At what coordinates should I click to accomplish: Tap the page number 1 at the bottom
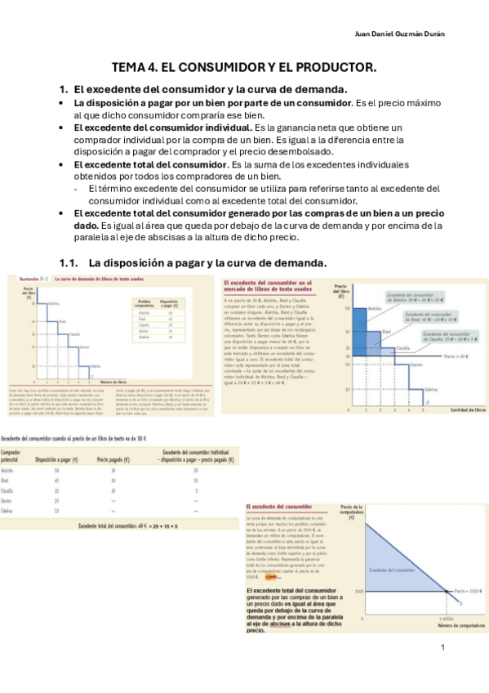click(x=442, y=648)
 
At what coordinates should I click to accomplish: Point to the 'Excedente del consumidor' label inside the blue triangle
click(x=392, y=570)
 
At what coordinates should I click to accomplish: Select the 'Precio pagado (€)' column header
click(x=114, y=461)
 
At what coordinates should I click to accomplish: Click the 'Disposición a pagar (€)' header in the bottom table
click(x=56, y=461)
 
